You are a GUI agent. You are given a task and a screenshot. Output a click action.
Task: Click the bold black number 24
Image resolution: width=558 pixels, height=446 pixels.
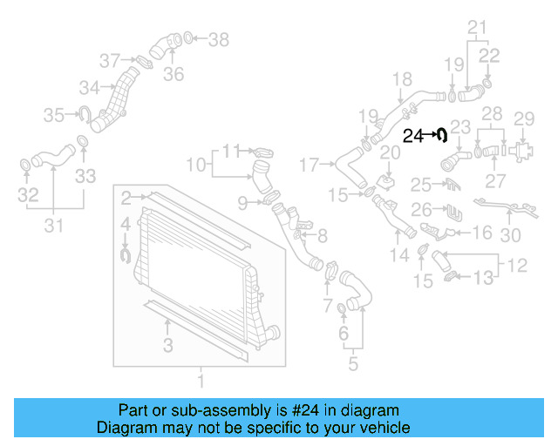[x=412, y=136]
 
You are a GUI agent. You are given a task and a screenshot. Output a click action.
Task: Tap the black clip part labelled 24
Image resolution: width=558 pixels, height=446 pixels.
[x=442, y=135]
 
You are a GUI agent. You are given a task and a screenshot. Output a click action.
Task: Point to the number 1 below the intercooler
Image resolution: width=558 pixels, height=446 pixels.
[x=201, y=381]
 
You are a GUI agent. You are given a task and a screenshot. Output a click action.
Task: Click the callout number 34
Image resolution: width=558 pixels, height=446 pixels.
[x=89, y=87]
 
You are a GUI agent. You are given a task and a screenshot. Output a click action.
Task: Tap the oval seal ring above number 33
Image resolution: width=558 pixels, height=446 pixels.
[x=83, y=142]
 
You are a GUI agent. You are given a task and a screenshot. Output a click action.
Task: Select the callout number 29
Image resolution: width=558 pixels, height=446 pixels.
[x=523, y=118]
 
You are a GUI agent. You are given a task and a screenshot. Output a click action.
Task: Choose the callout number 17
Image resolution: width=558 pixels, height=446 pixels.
[x=310, y=163]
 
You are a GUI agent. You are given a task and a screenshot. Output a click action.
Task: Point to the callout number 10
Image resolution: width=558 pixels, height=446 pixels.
[x=196, y=163]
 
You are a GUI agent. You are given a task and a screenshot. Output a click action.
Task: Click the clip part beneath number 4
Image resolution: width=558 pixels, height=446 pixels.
[x=124, y=253]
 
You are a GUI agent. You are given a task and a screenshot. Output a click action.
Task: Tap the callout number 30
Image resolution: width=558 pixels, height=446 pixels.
[x=510, y=233]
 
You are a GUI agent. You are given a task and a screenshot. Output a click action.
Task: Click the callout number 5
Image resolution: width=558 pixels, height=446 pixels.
[x=352, y=364]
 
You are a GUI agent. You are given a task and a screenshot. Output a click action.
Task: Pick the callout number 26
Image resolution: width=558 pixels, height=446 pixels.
[x=421, y=211]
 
